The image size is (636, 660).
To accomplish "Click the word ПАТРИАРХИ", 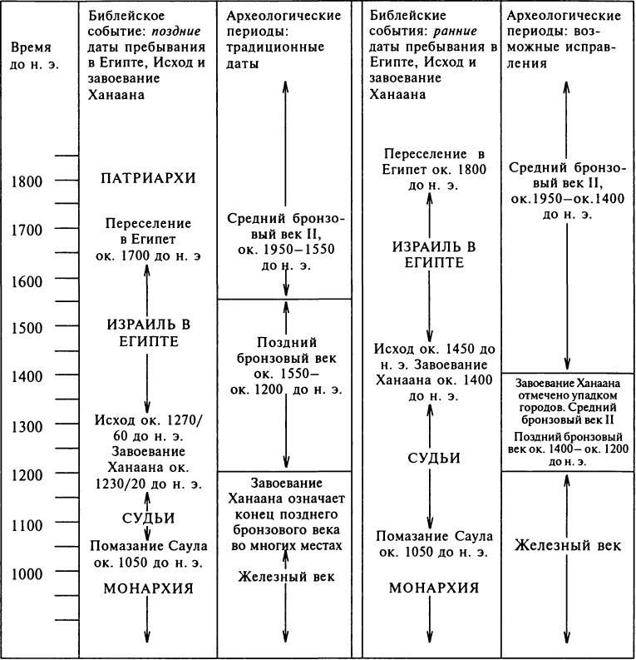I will tap(146, 178).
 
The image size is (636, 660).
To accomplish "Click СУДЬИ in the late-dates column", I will tap(146, 519).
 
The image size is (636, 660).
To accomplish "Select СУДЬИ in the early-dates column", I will tap(429, 459).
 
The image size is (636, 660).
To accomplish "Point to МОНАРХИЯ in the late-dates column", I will tap(146, 589).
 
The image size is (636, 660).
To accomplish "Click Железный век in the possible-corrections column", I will tap(567, 545).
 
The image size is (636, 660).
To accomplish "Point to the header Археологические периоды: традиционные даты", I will tap(283, 39).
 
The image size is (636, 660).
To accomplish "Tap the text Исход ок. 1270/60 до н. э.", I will tap(146, 425).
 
